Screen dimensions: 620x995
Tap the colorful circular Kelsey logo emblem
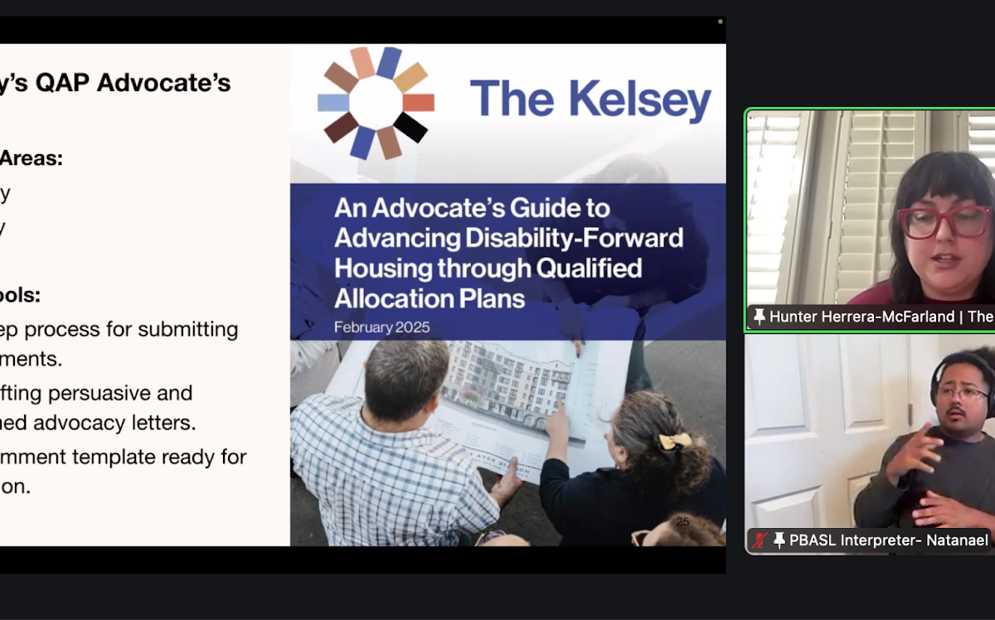(x=376, y=102)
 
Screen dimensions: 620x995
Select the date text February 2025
(x=381, y=327)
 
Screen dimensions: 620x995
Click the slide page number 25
(x=682, y=521)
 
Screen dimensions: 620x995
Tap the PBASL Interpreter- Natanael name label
(x=888, y=540)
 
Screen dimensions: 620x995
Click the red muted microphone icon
(x=760, y=540)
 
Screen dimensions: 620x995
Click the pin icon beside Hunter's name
(x=759, y=316)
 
